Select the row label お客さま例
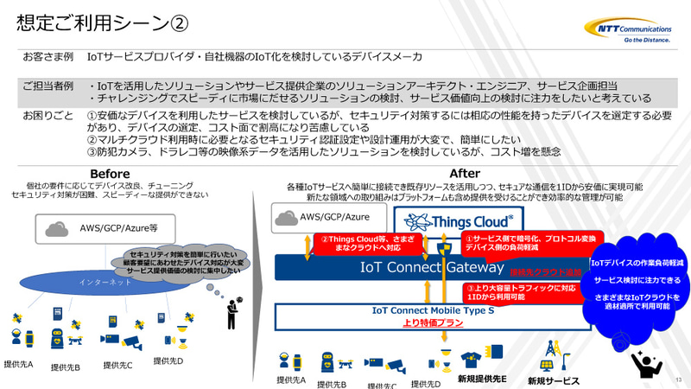(x=48, y=57)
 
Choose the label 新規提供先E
(x=482, y=379)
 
